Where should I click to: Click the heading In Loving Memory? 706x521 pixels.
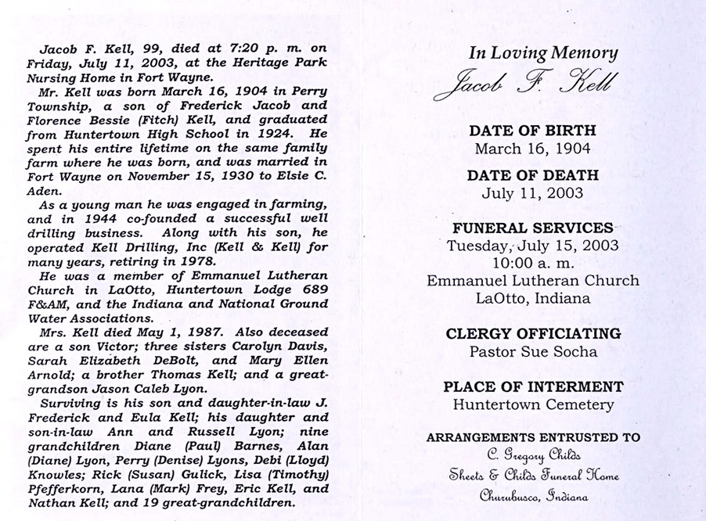(542, 53)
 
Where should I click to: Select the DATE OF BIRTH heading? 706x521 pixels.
(532, 130)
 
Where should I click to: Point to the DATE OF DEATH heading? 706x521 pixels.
(532, 175)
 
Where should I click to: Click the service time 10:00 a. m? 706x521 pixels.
(532, 262)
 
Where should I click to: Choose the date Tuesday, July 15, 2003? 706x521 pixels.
(532, 246)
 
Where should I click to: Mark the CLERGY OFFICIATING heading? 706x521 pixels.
(532, 333)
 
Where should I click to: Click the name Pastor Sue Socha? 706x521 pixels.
(532, 351)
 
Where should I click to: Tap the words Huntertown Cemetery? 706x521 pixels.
(532, 404)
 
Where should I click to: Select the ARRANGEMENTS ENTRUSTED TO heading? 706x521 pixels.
(532, 438)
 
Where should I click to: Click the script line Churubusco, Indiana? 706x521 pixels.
(532, 495)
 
